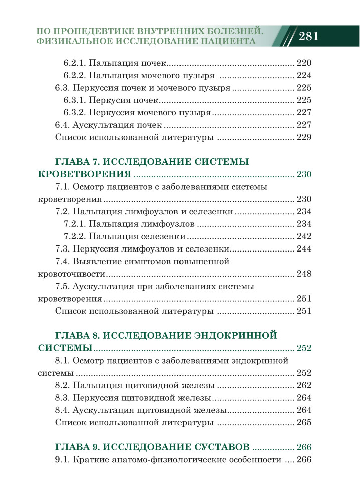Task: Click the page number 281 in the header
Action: click(x=309, y=37)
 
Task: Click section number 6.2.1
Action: click(x=75, y=63)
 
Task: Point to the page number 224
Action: click(x=304, y=76)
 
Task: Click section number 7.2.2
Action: click(x=75, y=236)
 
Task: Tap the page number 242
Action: click(x=304, y=236)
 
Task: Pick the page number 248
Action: click(x=304, y=274)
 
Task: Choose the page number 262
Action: click(x=304, y=385)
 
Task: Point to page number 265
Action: click(x=304, y=422)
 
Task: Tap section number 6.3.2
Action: click(x=75, y=113)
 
